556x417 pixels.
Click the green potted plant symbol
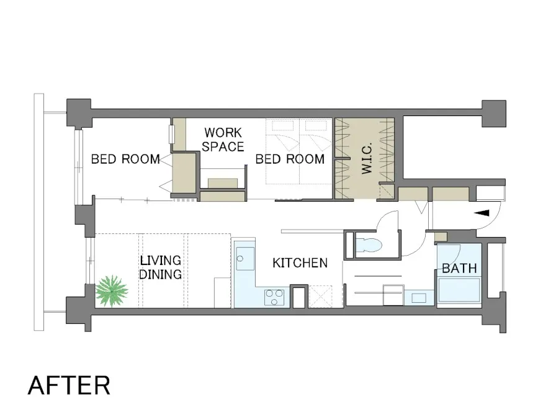click(112, 291)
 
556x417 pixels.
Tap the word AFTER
click(69, 385)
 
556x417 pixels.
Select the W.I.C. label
click(367, 158)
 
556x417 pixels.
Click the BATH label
click(460, 269)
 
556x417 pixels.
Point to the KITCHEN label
click(300, 262)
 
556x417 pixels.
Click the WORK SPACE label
click(223, 140)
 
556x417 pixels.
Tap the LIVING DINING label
click(161, 267)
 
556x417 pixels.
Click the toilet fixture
click(369, 244)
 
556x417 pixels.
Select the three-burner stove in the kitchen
click(274, 297)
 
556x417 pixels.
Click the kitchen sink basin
click(245, 259)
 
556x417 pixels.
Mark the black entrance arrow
click(482, 213)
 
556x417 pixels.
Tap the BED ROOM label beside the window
click(125, 159)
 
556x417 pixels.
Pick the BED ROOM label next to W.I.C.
click(290, 159)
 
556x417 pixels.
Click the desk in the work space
click(223, 183)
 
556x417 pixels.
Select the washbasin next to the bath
click(419, 297)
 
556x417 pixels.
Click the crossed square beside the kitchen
click(321, 296)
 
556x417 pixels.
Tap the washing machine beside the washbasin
click(393, 295)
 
